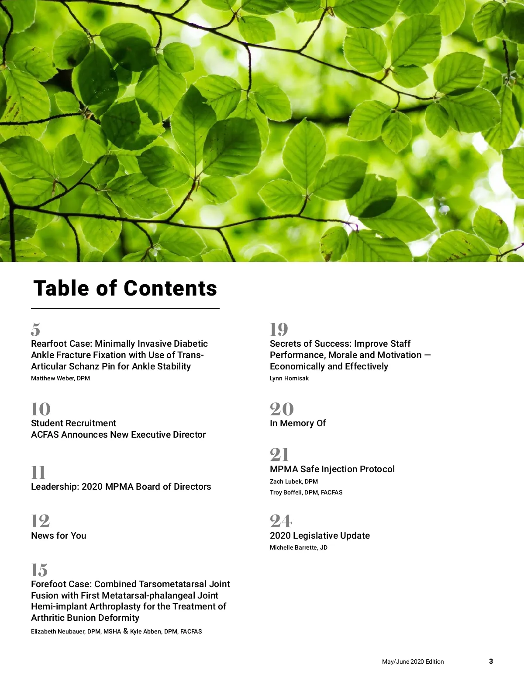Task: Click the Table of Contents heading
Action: [125, 289]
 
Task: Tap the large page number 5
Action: [36, 329]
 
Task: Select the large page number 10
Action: [41, 409]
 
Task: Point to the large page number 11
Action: [38, 473]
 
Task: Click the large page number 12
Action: [40, 521]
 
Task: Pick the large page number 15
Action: [39, 570]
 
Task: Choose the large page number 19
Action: [279, 329]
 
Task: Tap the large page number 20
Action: [282, 409]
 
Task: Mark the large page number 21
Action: [279, 455]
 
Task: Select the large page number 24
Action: [281, 521]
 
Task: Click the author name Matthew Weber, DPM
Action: [60, 378]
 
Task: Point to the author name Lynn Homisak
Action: [289, 378]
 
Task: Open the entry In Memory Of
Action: [298, 423]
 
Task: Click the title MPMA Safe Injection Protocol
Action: [332, 469]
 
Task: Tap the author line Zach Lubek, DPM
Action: [293, 481]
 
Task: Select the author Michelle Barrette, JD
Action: [298, 547]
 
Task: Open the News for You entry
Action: [59, 536]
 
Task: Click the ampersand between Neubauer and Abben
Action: [125, 631]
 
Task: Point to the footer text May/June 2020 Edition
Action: [413, 662]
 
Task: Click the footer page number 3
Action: [491, 661]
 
